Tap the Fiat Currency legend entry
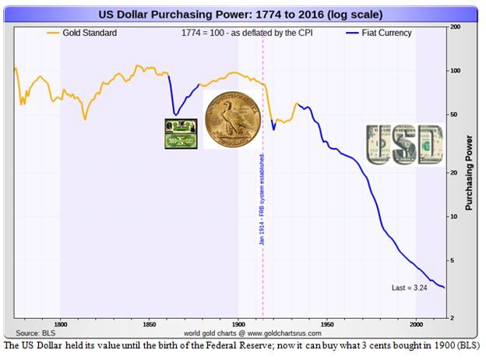pyautogui.click(x=382, y=33)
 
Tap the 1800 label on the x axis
pyautogui.click(x=60, y=323)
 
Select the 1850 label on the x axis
pyautogui.click(x=149, y=323)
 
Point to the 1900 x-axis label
pyautogui.click(x=238, y=323)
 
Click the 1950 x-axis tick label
pyautogui.click(x=327, y=323)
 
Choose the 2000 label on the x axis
pyautogui.click(x=416, y=323)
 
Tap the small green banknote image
pyautogui.click(x=180, y=133)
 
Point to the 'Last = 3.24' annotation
pyautogui.click(x=409, y=288)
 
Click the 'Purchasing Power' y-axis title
pyautogui.click(x=469, y=173)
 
